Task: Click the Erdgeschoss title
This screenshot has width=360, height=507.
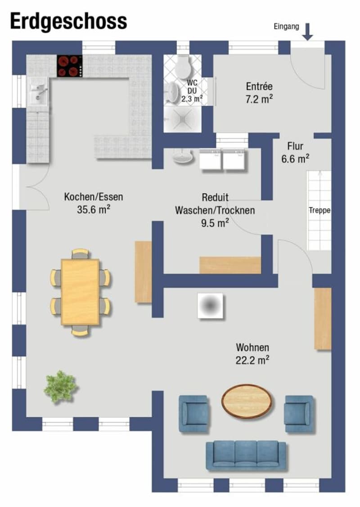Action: tap(68, 22)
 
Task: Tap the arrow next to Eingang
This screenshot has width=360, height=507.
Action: tap(307, 32)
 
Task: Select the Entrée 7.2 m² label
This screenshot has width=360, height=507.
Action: tap(259, 93)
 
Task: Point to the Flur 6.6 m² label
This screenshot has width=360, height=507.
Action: tap(295, 153)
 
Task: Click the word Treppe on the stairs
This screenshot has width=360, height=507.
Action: tap(319, 210)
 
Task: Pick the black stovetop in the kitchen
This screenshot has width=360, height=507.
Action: tap(69, 66)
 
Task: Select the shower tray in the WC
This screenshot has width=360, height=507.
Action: tap(183, 119)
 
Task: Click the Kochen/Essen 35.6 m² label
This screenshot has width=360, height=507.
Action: tap(94, 203)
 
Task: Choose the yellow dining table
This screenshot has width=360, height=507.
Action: tap(80, 292)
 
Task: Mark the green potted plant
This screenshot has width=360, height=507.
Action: tap(61, 387)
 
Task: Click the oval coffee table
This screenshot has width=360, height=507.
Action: tap(247, 401)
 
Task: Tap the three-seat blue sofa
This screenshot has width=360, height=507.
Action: tap(246, 456)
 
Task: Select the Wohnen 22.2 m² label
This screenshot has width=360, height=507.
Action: tap(252, 354)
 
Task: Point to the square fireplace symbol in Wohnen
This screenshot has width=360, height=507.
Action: tap(211, 306)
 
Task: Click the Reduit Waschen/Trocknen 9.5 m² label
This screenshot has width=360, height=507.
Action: tap(215, 210)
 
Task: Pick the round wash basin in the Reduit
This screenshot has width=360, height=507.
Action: tap(183, 158)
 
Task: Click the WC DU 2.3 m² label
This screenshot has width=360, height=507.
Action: tap(192, 91)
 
